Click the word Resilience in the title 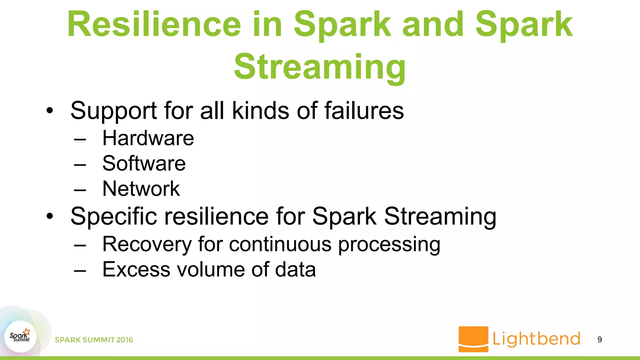pyautogui.click(x=154, y=24)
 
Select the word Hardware pyautogui.click(x=148, y=138)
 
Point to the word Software pyautogui.click(x=144, y=163)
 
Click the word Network pyautogui.click(x=141, y=189)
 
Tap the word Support pyautogui.click(x=114, y=111)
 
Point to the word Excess pyautogui.click(x=136, y=269)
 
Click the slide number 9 pyautogui.click(x=599, y=339)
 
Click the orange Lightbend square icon pyautogui.click(x=473, y=339)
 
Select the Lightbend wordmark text pyautogui.click(x=536, y=339)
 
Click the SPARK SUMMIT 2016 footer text pyautogui.click(x=94, y=340)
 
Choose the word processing pyautogui.click(x=389, y=245)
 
